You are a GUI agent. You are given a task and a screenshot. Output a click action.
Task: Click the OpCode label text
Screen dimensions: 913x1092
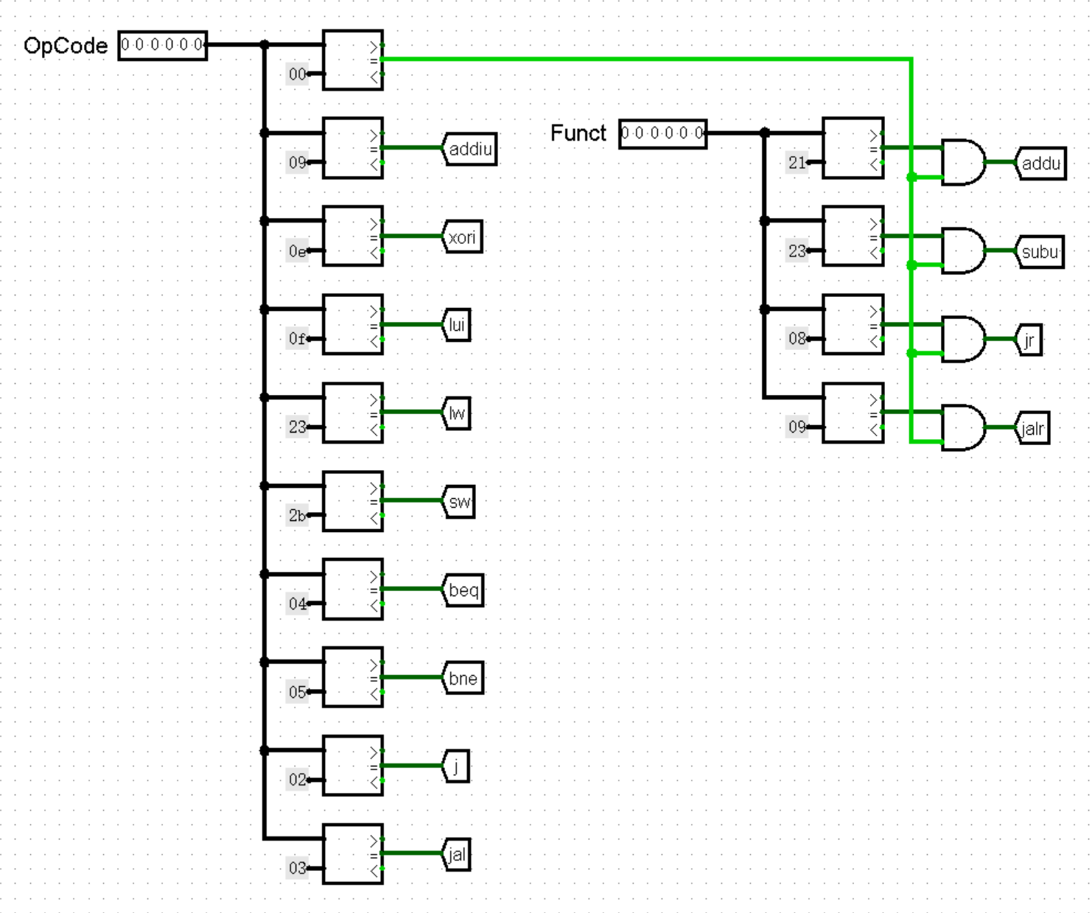[66, 46]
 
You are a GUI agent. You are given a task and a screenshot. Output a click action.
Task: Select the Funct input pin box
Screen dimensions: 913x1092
[662, 133]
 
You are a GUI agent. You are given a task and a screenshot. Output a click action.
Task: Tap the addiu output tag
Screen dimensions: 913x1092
[470, 149]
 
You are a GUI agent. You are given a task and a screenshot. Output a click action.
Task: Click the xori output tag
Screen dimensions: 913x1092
[463, 237]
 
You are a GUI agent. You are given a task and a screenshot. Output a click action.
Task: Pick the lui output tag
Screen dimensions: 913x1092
[457, 325]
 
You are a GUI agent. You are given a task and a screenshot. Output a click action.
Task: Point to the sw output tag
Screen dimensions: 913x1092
[459, 502]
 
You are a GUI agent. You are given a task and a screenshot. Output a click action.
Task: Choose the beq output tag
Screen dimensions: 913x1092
[463, 590]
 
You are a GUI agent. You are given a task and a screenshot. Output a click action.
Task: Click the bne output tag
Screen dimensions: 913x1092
[463, 678]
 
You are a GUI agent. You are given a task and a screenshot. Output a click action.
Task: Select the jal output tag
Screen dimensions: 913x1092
[457, 855]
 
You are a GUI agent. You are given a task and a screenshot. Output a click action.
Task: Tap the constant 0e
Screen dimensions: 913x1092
[297, 251]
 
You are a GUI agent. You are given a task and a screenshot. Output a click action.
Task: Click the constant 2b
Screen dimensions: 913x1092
[297, 516]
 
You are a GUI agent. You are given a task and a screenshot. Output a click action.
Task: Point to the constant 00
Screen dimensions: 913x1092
[297, 74]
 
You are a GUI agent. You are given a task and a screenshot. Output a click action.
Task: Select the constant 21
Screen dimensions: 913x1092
[797, 163]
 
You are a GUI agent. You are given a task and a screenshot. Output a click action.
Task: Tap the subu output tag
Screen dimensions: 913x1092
[1040, 252]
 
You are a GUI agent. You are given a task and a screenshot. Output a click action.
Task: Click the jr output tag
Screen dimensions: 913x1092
[1029, 340]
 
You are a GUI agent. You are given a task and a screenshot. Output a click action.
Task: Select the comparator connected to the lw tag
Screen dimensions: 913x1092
[353, 413]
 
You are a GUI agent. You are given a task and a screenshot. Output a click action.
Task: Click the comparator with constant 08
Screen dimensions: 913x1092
[853, 324]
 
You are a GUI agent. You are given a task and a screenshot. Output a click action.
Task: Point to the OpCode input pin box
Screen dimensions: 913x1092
[162, 46]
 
